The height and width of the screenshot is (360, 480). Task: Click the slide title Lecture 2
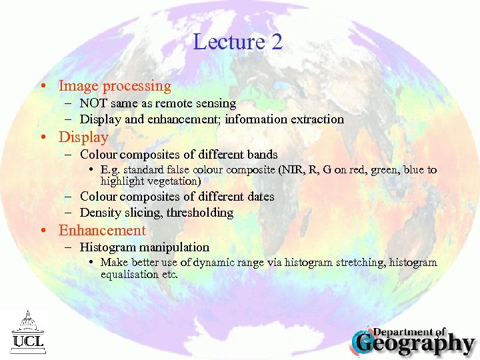point(238,42)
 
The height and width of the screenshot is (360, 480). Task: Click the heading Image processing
point(115,86)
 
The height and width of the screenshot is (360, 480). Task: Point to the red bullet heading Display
point(83,137)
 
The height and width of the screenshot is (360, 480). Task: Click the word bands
point(262,155)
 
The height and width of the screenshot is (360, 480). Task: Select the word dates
point(259,197)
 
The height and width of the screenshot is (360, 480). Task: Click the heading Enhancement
point(102,231)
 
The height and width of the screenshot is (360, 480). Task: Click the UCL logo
point(26,331)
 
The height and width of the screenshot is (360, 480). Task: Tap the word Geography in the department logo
point(419,343)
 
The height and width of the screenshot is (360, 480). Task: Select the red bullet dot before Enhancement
point(42,231)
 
